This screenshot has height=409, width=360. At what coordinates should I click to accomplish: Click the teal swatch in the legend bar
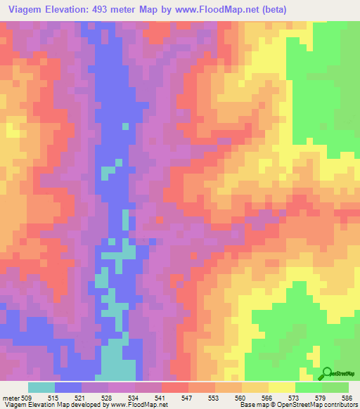41,387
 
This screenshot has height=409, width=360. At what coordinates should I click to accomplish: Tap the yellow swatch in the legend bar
281,387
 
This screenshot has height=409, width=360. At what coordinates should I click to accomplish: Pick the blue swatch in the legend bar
68,387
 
